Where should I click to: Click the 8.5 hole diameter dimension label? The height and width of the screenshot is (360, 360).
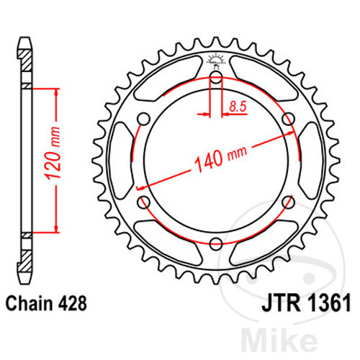(x=238, y=107)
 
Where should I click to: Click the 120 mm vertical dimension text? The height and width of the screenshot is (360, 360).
(x=53, y=153)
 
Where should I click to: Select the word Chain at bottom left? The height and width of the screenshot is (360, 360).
(x=29, y=303)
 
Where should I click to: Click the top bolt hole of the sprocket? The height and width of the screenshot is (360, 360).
(x=216, y=77)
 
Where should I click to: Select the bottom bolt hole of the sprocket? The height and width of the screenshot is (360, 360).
(x=215, y=244)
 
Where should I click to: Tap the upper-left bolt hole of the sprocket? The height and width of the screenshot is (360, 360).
(x=144, y=119)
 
